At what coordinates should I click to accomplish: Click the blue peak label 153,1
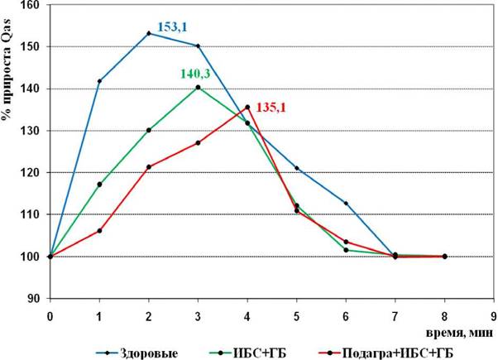(x=172, y=27)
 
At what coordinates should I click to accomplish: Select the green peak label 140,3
(x=195, y=74)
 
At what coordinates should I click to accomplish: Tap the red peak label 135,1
(x=271, y=108)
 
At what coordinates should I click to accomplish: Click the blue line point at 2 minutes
(x=149, y=33)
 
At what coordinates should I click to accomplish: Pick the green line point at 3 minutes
(x=198, y=88)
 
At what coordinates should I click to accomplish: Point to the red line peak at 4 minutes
(x=247, y=108)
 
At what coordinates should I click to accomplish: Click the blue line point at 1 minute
(x=99, y=81)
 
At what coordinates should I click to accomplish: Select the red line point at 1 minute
(x=99, y=231)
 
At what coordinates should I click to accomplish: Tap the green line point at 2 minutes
(x=149, y=130)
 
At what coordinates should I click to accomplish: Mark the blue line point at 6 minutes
(x=346, y=203)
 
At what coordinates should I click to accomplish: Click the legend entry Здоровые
(x=136, y=353)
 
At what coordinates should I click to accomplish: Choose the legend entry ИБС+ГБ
(x=248, y=353)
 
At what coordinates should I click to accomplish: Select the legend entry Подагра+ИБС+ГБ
(x=385, y=353)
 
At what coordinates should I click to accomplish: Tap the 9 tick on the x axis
(x=493, y=316)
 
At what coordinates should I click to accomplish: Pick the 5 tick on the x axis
(x=297, y=316)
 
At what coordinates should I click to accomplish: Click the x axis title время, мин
(x=460, y=333)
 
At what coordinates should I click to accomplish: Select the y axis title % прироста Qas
(x=6, y=69)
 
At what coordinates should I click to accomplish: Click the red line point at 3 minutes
(x=198, y=143)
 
